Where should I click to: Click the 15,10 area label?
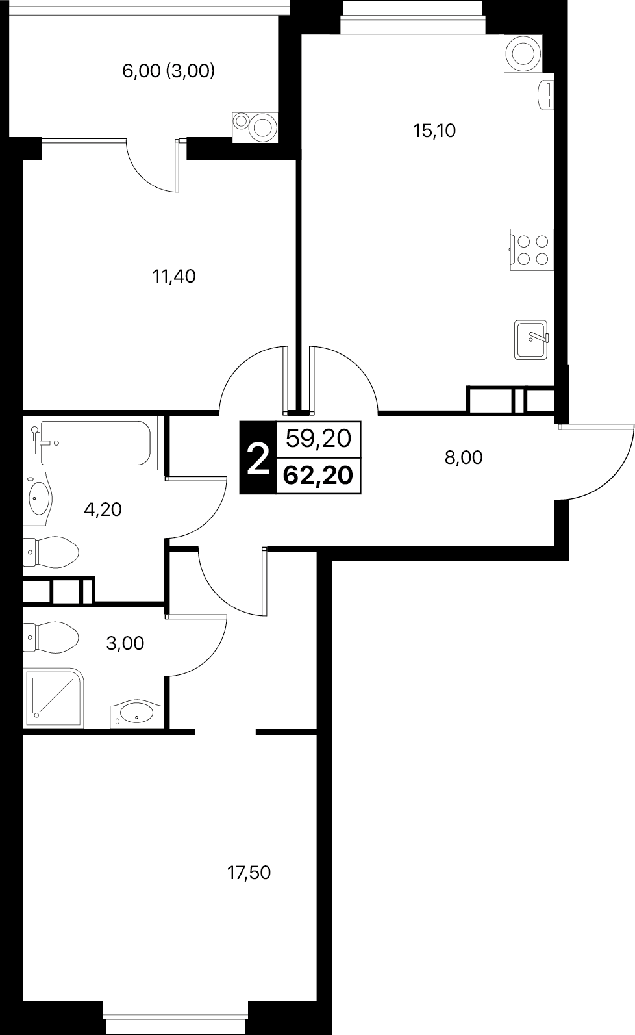[434, 131]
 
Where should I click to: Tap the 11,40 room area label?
[174, 276]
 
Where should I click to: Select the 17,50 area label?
[249, 873]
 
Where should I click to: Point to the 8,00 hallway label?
[464, 457]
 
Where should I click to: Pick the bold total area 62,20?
[318, 475]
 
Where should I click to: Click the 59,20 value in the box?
[319, 438]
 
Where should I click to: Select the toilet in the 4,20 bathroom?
[51, 552]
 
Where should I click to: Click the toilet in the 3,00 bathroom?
[51, 637]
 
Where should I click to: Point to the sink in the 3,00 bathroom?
[137, 714]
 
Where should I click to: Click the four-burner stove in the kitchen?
[532, 249]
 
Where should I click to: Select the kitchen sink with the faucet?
[531, 340]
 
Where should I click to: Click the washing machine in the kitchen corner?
[523, 54]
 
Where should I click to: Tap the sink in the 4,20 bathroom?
[38, 498]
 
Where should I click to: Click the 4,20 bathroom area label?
[103, 509]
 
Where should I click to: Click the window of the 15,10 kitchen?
[413, 18]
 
